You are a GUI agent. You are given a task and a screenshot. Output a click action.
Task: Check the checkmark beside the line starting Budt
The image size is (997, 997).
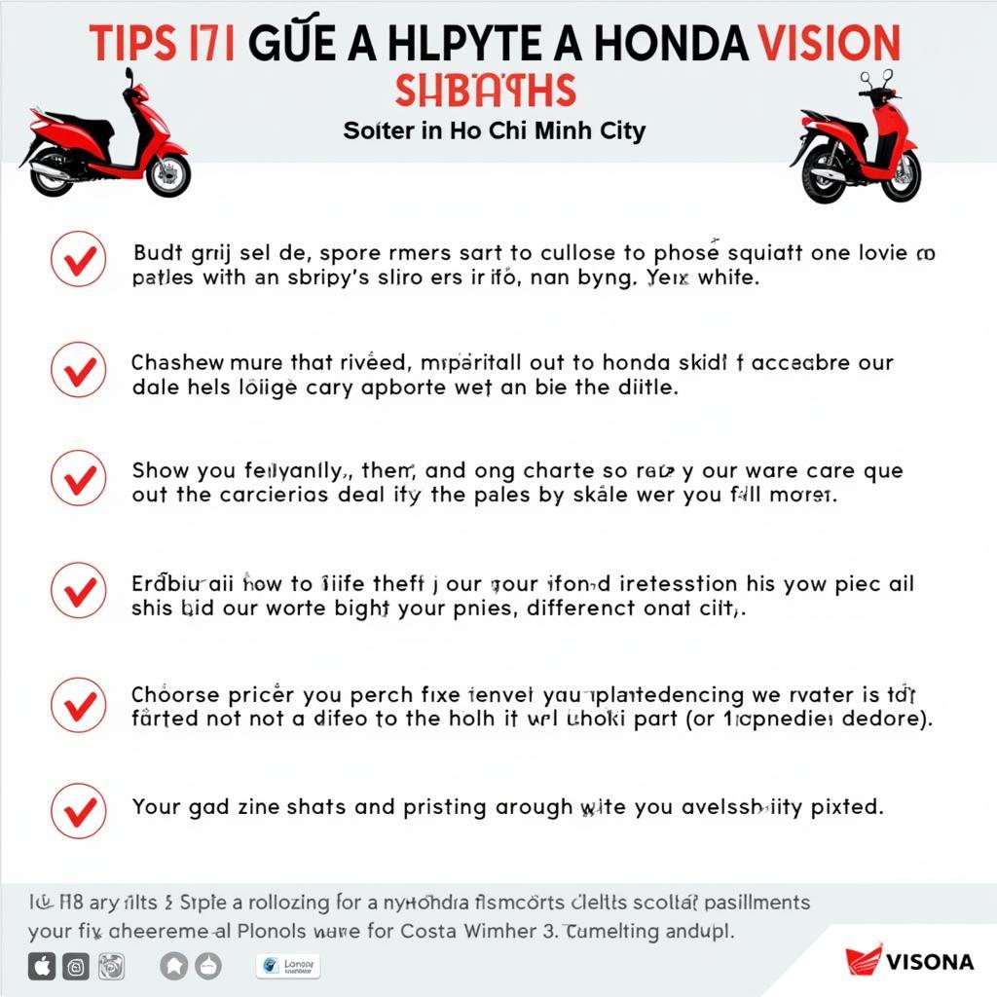pyautogui.click(x=79, y=259)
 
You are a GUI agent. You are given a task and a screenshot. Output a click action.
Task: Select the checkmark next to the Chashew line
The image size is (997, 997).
pyautogui.click(x=79, y=370)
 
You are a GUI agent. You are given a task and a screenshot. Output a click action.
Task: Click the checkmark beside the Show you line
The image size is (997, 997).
pyautogui.click(x=79, y=478)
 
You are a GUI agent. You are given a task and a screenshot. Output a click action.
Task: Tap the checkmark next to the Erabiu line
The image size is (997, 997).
pyautogui.click(x=79, y=590)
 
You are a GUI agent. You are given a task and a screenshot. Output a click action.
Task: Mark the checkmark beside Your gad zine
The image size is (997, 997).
pyautogui.click(x=79, y=810)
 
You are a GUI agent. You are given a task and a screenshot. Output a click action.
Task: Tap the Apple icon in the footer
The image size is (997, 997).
pyautogui.click(x=42, y=967)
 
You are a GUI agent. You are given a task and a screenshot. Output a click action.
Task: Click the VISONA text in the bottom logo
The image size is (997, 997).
pyautogui.click(x=930, y=962)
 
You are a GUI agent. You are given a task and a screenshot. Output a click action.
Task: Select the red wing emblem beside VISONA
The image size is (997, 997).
pyautogui.click(x=863, y=959)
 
